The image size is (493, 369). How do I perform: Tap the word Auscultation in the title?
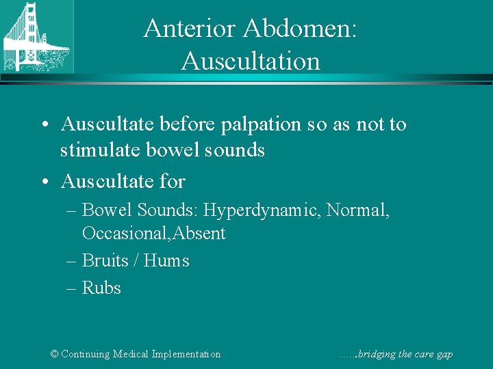coord(251,61)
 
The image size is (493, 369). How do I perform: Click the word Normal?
coord(358,210)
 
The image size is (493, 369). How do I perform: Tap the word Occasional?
coord(125,234)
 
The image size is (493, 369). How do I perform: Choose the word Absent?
coord(199,234)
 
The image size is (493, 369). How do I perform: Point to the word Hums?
coord(166,260)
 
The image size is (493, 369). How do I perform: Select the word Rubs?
coord(101,288)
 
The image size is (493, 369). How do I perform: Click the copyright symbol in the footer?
coord(55,354)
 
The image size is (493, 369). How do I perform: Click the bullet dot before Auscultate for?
coord(43,182)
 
